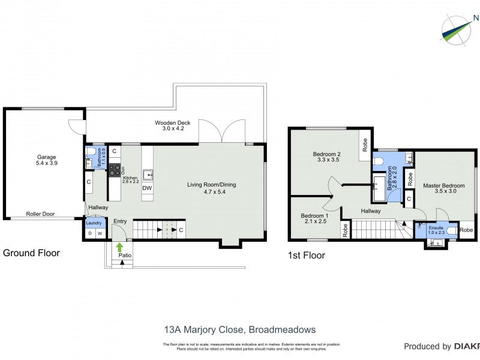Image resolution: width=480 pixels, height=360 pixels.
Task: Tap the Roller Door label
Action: coord(41,214)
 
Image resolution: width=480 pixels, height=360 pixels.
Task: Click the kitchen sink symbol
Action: coord(147,176)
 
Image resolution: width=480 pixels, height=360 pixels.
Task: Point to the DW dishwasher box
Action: coord(147,188)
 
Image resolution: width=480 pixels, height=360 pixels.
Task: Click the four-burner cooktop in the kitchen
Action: coord(113,169)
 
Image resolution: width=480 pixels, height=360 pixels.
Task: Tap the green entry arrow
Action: coord(119,246)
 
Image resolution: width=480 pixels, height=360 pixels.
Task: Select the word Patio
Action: coord(124,256)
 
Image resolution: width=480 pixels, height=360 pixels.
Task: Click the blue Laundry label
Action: coord(94,223)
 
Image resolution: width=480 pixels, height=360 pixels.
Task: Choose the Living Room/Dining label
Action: coord(211,185)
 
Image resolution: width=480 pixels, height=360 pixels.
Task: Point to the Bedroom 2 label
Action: coord(326,154)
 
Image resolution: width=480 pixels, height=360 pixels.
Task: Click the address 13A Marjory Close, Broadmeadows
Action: coord(239,329)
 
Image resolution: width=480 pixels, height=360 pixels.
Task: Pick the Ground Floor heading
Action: coord(32,253)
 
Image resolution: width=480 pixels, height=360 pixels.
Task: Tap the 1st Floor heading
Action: coord(306,256)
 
